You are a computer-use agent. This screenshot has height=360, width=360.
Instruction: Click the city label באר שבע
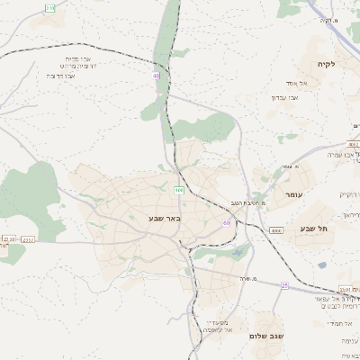pos(165,218)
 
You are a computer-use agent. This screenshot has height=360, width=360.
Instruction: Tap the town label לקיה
pos(325,64)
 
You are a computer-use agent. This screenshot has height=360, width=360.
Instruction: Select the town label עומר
pos(294,194)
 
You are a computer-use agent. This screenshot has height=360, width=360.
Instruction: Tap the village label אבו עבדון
pos(274,97)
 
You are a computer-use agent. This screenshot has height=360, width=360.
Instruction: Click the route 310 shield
pos(49,8)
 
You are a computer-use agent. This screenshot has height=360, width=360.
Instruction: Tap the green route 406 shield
pos(179,190)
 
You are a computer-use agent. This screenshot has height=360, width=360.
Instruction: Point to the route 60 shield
pos(228,222)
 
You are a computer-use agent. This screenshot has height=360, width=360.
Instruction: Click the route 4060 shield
pos(275,231)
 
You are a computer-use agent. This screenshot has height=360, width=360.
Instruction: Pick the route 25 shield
pos(284,284)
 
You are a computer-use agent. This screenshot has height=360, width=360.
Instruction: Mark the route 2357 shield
pos(28,240)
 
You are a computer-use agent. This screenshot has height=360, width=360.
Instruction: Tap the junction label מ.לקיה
pos(328,19)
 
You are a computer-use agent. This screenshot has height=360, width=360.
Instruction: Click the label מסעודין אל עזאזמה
pos(216,326)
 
